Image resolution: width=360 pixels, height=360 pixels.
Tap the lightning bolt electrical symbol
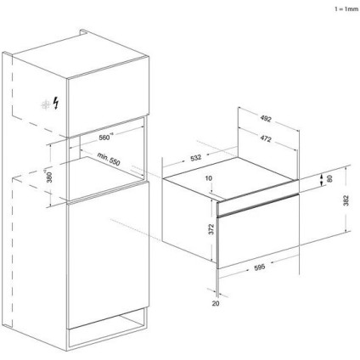tap(56, 104)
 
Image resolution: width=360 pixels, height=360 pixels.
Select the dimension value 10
tap(209, 179)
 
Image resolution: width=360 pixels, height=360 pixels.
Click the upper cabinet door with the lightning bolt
tap(93, 98)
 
